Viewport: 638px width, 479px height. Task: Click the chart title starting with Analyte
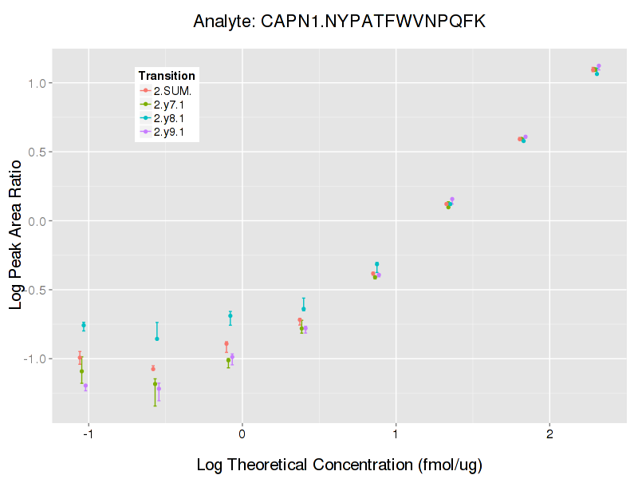[339, 22]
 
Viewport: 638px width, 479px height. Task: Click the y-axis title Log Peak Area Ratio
[17, 233]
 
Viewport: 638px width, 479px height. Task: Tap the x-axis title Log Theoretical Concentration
[339, 465]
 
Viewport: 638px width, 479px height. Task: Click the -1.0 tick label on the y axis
[37, 358]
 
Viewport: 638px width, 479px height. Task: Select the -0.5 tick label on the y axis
[37, 290]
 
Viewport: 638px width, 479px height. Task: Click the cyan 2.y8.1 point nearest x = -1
[84, 325]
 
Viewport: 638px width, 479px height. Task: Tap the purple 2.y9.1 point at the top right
[598, 66]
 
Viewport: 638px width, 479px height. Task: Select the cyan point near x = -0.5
[157, 338]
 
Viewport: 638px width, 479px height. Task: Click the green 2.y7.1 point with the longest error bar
[155, 384]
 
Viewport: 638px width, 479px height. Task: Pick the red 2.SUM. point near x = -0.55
[153, 368]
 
